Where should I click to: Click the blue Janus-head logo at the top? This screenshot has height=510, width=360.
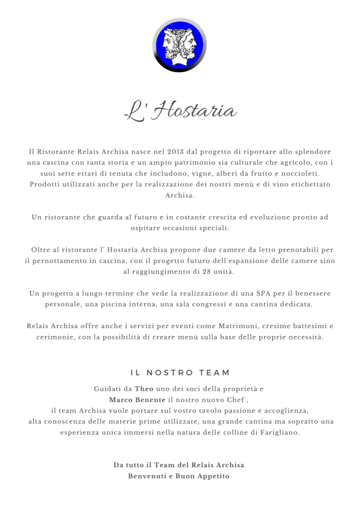click(x=179, y=45)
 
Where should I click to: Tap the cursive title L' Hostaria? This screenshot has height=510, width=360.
click(x=180, y=110)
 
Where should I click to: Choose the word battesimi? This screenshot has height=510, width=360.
click(x=307, y=326)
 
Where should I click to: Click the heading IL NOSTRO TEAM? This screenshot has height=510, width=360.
click(x=180, y=373)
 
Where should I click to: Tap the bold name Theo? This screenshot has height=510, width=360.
click(x=144, y=389)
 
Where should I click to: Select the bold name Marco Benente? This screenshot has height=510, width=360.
click(x=138, y=400)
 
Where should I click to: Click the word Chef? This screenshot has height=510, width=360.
click(x=235, y=400)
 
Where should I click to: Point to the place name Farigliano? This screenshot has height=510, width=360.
click(x=276, y=432)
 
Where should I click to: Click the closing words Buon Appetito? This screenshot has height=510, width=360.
click(x=197, y=476)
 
